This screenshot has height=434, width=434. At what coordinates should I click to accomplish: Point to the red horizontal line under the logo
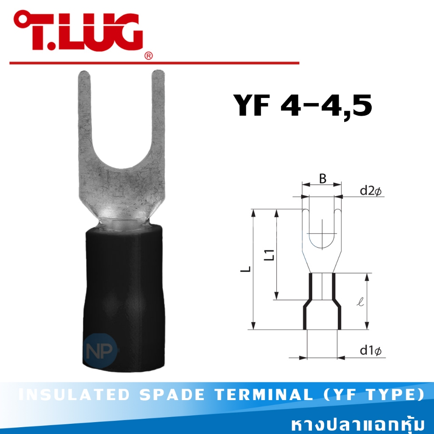(154, 63)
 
